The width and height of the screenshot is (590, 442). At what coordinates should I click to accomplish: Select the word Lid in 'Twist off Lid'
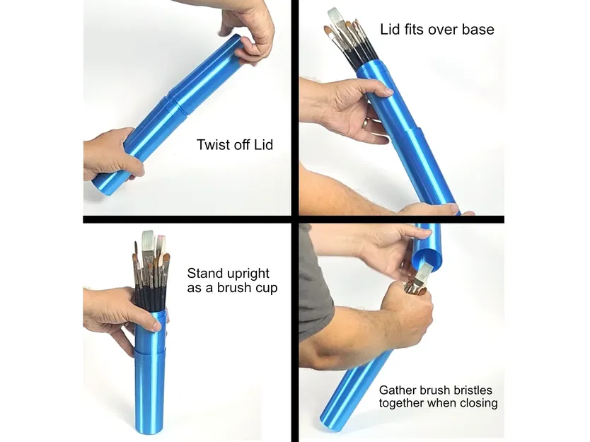tap(261, 146)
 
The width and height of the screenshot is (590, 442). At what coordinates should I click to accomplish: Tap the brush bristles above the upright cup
tap(151, 251)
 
